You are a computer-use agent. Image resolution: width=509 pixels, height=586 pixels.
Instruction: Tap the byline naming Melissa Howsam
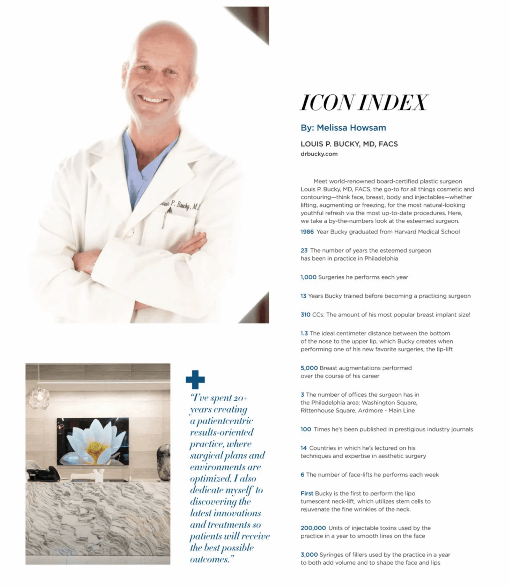point(343,128)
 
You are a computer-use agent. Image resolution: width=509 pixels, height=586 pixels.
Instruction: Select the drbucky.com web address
point(319,154)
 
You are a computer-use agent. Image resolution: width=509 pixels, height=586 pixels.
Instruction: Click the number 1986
point(307,232)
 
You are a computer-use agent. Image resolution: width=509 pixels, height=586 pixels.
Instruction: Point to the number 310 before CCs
point(305,315)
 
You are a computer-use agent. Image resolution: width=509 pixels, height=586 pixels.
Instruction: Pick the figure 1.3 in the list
point(304,333)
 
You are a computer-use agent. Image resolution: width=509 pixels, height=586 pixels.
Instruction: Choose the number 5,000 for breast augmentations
point(309,368)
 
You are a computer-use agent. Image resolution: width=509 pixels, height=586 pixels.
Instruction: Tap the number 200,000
point(313,528)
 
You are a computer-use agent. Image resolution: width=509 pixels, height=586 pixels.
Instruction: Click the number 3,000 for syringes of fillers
point(309,555)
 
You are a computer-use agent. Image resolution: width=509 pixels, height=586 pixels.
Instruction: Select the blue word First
point(307,493)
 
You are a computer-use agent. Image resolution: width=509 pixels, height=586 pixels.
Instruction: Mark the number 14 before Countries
point(303,448)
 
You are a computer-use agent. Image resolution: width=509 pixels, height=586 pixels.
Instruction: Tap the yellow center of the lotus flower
point(93,448)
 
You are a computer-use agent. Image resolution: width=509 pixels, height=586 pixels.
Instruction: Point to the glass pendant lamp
point(38,396)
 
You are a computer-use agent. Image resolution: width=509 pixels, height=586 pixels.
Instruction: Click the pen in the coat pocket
point(164,219)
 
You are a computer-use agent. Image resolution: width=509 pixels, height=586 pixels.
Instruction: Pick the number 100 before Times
point(306,429)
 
